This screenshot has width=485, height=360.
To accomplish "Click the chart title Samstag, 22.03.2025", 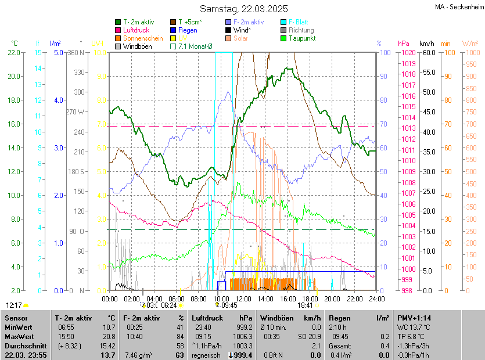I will click(243, 9).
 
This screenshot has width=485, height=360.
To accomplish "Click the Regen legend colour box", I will click(173, 30).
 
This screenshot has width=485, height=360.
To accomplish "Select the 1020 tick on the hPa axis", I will click(407, 53).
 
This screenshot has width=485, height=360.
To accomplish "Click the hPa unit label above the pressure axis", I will click(403, 44).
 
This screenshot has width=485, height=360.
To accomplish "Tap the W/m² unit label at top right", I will click(470, 44).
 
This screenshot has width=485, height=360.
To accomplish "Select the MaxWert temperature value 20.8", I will click(108, 337).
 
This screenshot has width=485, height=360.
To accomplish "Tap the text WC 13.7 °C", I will click(415, 327).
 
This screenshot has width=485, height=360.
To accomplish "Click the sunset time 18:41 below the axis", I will click(305, 305).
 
